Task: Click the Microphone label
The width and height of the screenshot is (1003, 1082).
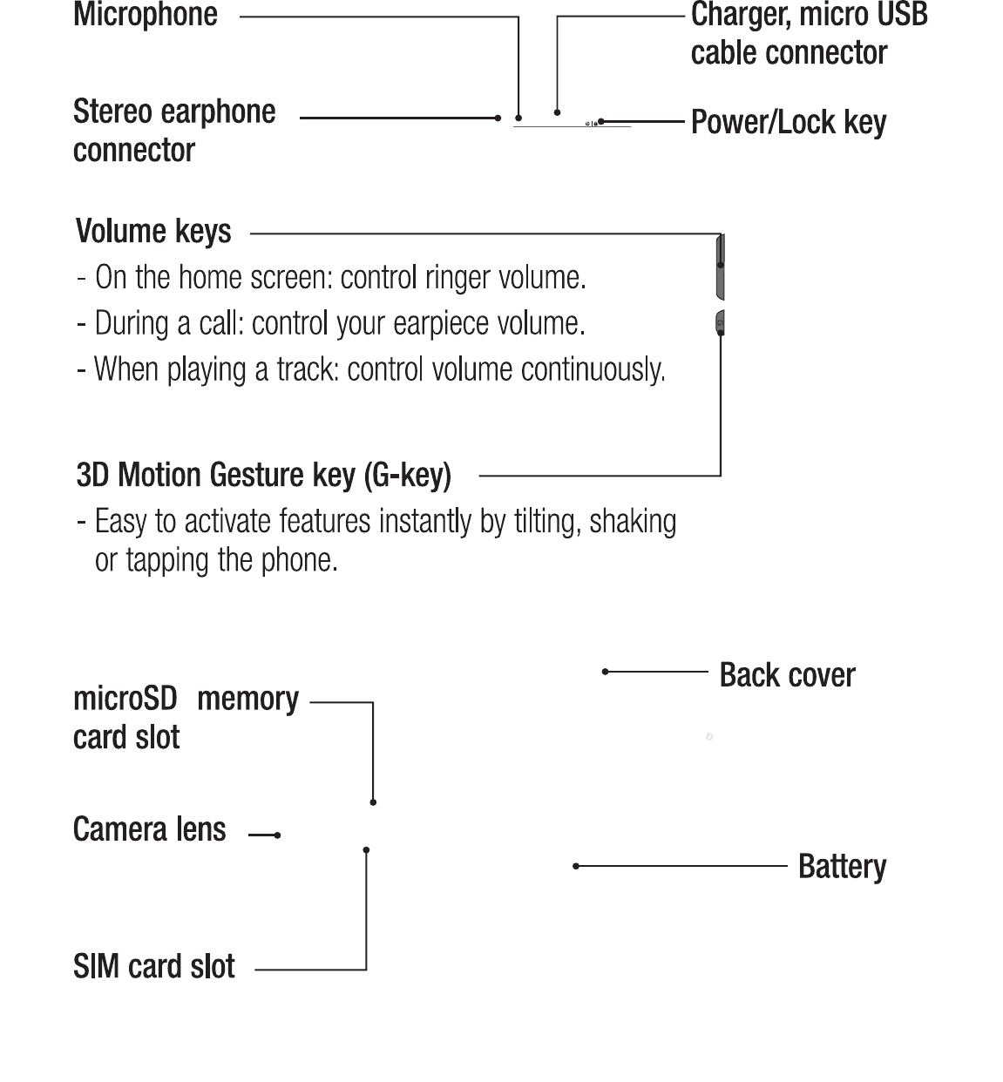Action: click(146, 15)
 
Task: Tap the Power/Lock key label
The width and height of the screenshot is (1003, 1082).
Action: click(788, 122)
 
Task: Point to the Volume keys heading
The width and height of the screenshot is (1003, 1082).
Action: click(153, 232)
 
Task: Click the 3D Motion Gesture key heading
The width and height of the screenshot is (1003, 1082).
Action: click(264, 476)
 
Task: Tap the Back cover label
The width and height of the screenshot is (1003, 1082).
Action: click(787, 675)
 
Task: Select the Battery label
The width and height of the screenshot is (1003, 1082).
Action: click(842, 867)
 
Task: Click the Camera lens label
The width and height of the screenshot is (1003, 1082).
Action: click(150, 829)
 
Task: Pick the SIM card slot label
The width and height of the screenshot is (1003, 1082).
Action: click(154, 966)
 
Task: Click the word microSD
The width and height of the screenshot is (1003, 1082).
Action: click(125, 699)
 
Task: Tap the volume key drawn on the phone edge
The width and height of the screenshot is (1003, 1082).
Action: click(720, 267)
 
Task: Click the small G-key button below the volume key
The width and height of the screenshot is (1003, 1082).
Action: click(720, 324)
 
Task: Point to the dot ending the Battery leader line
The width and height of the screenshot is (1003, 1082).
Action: click(576, 866)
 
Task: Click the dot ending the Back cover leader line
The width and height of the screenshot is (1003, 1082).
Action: click(605, 672)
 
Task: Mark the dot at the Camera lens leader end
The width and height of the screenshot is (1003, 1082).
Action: click(277, 835)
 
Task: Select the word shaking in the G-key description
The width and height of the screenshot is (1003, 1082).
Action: click(633, 522)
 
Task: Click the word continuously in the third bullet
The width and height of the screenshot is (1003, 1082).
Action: click(593, 370)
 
